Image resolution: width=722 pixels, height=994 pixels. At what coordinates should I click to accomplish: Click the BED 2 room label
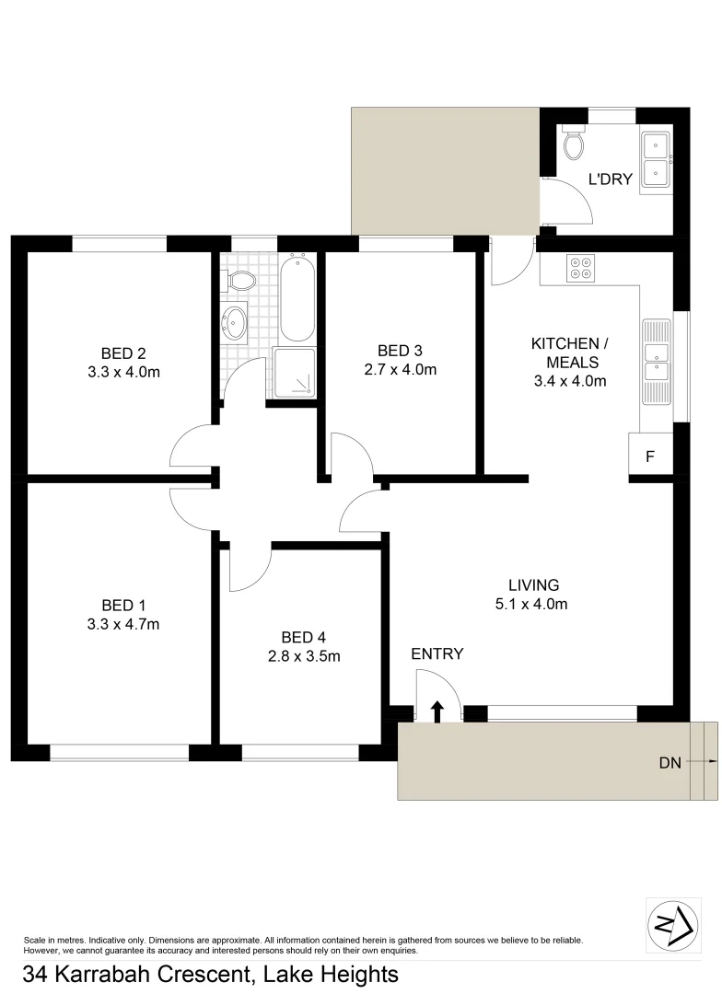tap(123, 353)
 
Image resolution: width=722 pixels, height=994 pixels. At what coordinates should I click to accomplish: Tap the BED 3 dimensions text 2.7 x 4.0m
tap(400, 370)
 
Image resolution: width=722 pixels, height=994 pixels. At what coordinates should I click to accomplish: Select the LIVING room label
tap(533, 584)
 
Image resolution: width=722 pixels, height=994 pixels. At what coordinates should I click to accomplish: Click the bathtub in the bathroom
tap(297, 297)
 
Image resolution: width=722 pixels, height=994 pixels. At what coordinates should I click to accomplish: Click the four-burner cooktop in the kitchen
tap(581, 266)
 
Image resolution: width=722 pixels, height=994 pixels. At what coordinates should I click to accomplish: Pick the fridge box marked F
tap(650, 456)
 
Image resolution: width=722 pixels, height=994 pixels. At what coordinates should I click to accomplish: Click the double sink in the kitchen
tap(658, 362)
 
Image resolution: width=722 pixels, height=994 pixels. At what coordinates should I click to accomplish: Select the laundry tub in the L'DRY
tap(656, 159)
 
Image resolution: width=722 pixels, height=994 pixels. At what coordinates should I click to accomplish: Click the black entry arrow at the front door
tap(437, 711)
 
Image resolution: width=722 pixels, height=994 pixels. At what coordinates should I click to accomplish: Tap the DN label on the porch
tap(670, 762)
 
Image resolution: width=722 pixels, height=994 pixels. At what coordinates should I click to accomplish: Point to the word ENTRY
tap(437, 654)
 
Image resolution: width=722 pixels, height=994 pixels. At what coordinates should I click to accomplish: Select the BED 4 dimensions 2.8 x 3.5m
tap(303, 656)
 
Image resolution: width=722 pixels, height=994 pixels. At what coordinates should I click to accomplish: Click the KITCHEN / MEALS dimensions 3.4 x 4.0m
tap(568, 381)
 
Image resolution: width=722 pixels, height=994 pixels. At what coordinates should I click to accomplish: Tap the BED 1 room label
tap(123, 605)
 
